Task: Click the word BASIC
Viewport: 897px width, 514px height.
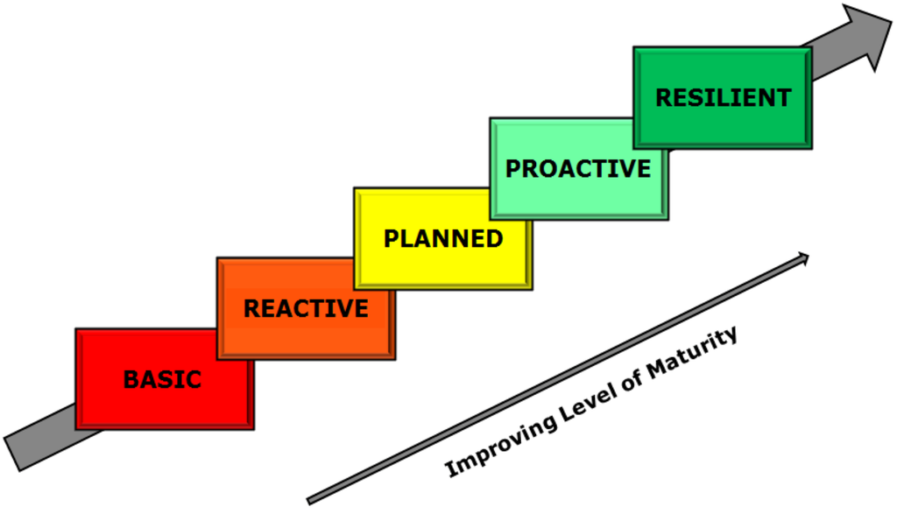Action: (162, 379)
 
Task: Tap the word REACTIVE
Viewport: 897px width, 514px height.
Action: (306, 308)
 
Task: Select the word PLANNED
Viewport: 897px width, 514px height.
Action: (443, 238)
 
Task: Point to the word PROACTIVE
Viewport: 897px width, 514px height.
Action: (578, 168)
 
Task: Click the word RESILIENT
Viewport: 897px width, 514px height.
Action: (723, 97)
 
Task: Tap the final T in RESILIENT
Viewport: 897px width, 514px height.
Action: (784, 97)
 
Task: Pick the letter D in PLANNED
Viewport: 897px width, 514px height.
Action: (495, 238)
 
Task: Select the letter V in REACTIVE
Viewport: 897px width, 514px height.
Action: (345, 308)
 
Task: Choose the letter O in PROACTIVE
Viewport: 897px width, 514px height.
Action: (546, 168)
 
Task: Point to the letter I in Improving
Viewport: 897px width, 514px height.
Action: (451, 468)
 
